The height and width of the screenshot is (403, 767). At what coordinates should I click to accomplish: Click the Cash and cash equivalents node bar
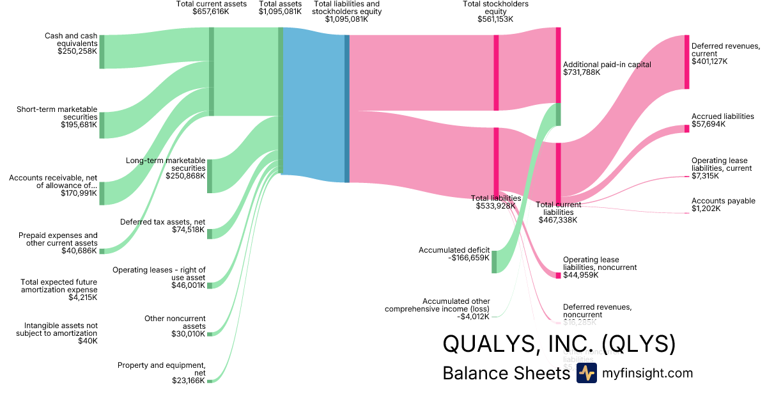pyautogui.click(x=102, y=52)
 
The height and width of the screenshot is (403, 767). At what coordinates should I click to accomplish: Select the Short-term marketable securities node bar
pyautogui.click(x=102, y=125)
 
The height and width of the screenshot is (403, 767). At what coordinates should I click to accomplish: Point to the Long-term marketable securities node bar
pyautogui.click(x=209, y=176)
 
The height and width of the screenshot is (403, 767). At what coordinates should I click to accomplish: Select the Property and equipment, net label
pyautogui.click(x=161, y=369)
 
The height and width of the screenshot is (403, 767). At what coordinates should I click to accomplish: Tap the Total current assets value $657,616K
pyautogui.click(x=211, y=12)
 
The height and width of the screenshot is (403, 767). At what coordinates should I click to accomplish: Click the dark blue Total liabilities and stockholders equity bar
pyautogui.click(x=347, y=109)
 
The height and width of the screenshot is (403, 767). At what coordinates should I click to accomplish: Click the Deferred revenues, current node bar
pyautogui.click(x=686, y=62)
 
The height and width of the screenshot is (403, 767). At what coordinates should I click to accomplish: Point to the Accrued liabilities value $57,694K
pyautogui.click(x=708, y=125)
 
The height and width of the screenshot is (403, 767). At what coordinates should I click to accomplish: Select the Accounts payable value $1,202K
pyautogui.click(x=706, y=209)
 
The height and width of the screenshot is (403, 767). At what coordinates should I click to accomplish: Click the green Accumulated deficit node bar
pyautogui.click(x=494, y=262)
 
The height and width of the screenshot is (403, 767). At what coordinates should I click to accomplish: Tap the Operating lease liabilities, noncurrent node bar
pyautogui.click(x=558, y=275)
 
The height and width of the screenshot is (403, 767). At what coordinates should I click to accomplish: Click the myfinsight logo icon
pyautogui.click(x=586, y=373)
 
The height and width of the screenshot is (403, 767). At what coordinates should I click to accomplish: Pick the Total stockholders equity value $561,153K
pyautogui.click(x=495, y=19)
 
